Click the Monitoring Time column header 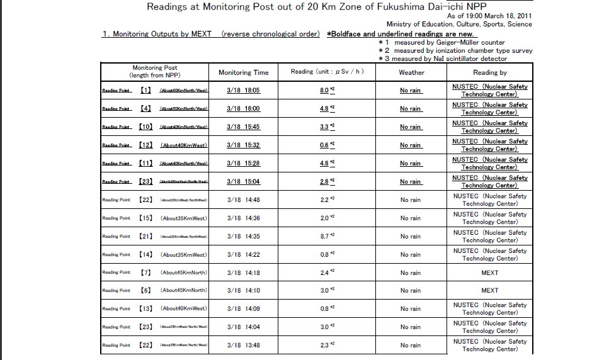coord(243,72)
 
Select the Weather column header coord(411,72)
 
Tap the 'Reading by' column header coord(489,72)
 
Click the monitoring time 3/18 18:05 coord(243,91)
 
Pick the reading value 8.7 coord(324,237)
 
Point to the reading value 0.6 coord(324,145)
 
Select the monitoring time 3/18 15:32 coord(243,145)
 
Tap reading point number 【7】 coord(145,273)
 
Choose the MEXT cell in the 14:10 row coord(489,291)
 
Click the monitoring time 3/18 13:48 coord(243,346)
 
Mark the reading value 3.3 coord(324,127)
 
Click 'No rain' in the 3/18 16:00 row coord(411,109)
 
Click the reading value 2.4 coord(324,273)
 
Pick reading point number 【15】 coord(145,218)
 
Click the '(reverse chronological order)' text coord(271,34)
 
